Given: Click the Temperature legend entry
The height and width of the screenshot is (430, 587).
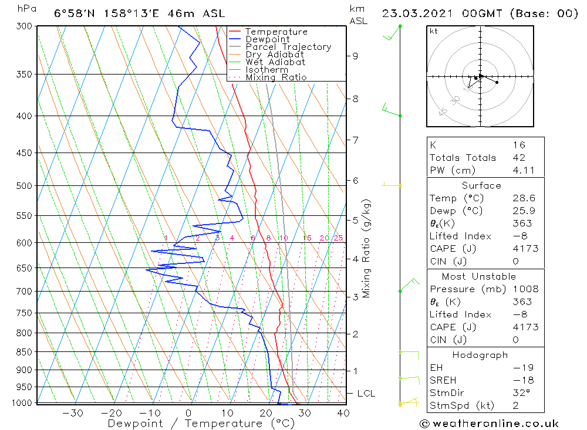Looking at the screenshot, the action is pyautogui.click(x=276, y=32).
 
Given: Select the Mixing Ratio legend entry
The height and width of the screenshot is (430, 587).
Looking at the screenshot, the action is pyautogui.click(x=276, y=77).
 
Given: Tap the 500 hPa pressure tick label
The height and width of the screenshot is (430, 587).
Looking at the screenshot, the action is pyautogui.click(x=24, y=186).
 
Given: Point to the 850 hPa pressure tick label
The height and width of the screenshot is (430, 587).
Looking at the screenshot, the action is pyautogui.click(x=24, y=352).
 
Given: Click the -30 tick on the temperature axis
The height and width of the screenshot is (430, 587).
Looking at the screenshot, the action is pyautogui.click(x=73, y=413).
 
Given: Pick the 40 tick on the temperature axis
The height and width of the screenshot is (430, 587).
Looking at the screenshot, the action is pyautogui.click(x=343, y=413).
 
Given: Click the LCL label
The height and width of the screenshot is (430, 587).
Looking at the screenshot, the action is pyautogui.click(x=366, y=394).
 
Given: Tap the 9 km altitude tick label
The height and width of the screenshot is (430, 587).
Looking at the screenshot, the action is pyautogui.click(x=355, y=56).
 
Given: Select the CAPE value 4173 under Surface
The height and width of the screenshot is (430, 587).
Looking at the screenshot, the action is pyautogui.click(x=525, y=249).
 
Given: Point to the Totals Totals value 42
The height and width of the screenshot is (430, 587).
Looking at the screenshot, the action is pyautogui.click(x=519, y=158).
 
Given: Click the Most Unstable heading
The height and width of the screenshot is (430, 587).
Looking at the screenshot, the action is pyautogui.click(x=479, y=277).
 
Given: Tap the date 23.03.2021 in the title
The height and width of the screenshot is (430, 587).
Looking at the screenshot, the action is pyautogui.click(x=417, y=14).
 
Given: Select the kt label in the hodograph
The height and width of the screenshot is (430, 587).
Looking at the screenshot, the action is pyautogui.click(x=434, y=31).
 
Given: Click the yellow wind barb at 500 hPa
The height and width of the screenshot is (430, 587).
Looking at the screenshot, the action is pyautogui.click(x=391, y=185).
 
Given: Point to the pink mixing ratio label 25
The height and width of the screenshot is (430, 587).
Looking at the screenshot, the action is pyautogui.click(x=339, y=238).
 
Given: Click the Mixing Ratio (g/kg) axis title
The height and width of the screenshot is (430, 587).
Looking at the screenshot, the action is pyautogui.click(x=366, y=249).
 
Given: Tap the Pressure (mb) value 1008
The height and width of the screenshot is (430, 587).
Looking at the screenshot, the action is pyautogui.click(x=525, y=289).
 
